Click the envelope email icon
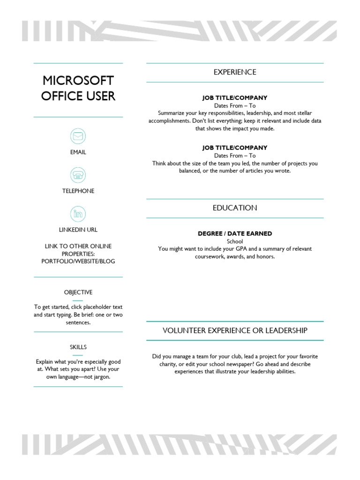click(x=78, y=136)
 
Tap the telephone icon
click(x=78, y=175)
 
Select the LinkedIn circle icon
click(x=78, y=214)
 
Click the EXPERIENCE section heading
click(x=235, y=72)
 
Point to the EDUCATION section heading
click(x=235, y=208)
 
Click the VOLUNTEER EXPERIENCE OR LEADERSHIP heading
click(x=235, y=330)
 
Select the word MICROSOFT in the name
click(x=78, y=81)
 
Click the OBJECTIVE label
click(x=78, y=292)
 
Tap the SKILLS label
click(x=78, y=347)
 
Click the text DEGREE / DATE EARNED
click(x=235, y=233)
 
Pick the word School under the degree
click(x=235, y=241)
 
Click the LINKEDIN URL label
click(x=78, y=230)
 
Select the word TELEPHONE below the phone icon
click(x=78, y=191)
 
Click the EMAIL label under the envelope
click(x=78, y=152)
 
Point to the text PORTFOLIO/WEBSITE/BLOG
click(x=78, y=261)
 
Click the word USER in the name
click(x=100, y=96)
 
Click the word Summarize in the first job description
click(x=171, y=113)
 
